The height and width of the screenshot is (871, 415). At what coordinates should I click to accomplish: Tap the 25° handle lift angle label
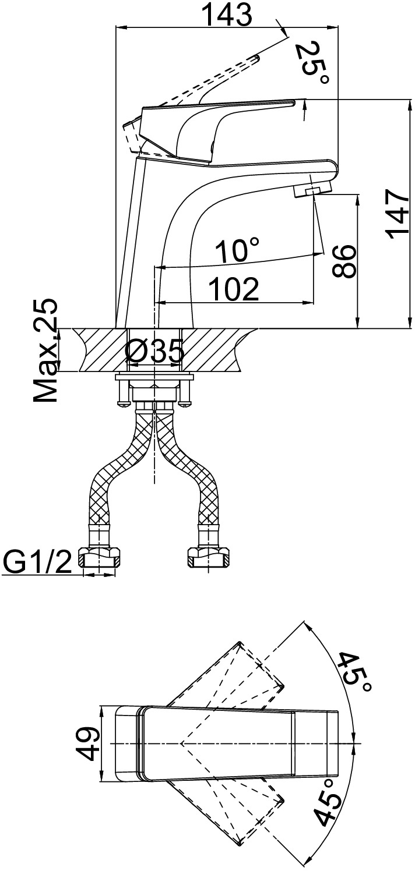coord(312,63)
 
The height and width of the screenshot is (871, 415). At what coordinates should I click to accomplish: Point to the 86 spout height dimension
coord(344,261)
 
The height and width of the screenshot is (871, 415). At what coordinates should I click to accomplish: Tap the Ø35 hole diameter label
coord(154,351)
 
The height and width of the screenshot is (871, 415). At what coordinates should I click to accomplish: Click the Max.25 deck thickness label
coord(45,350)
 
